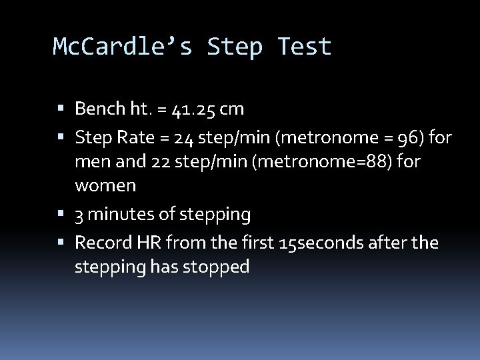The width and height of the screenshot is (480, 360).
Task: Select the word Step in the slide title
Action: [x=235, y=47]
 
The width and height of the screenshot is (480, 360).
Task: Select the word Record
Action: [x=102, y=242]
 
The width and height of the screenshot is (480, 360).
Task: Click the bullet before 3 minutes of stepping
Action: [x=61, y=215]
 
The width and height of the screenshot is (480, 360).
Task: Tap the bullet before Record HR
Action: [x=61, y=243]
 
